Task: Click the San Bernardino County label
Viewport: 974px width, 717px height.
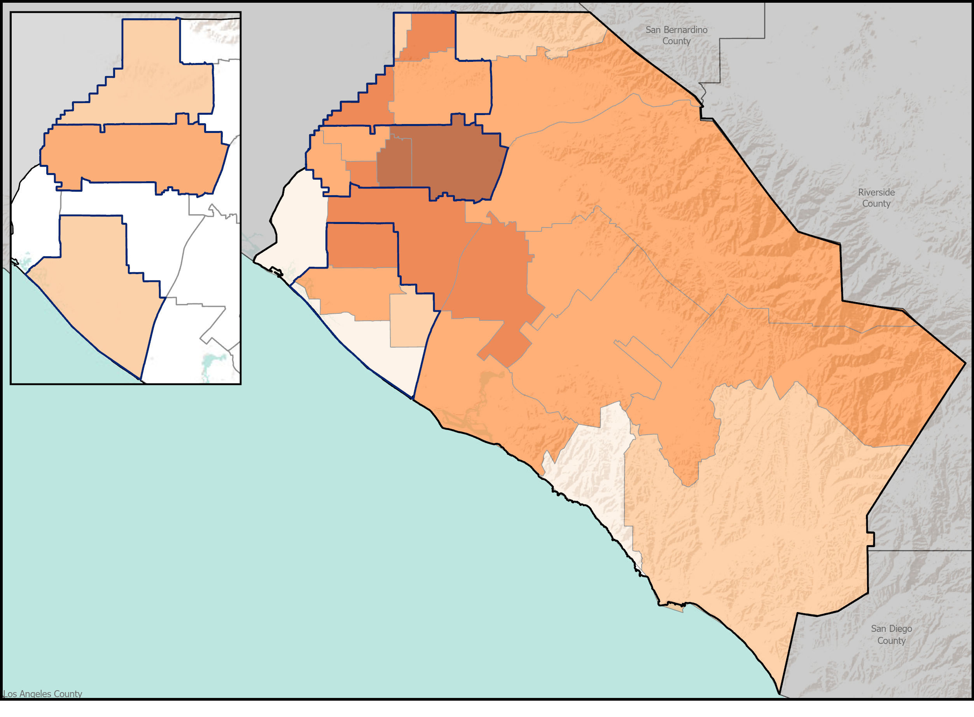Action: pyautogui.click(x=676, y=35)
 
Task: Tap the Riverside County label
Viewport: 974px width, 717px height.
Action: pyautogui.click(x=876, y=198)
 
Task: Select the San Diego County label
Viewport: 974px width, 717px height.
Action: pyautogui.click(x=891, y=634)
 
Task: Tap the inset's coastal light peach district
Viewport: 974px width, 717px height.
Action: pyautogui.click(x=96, y=295)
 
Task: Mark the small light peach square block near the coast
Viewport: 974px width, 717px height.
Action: pyautogui.click(x=410, y=321)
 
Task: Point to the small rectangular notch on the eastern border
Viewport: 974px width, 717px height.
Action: pyautogui.click(x=871, y=539)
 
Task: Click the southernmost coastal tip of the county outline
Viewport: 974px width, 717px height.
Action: pyautogui.click(x=779, y=693)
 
